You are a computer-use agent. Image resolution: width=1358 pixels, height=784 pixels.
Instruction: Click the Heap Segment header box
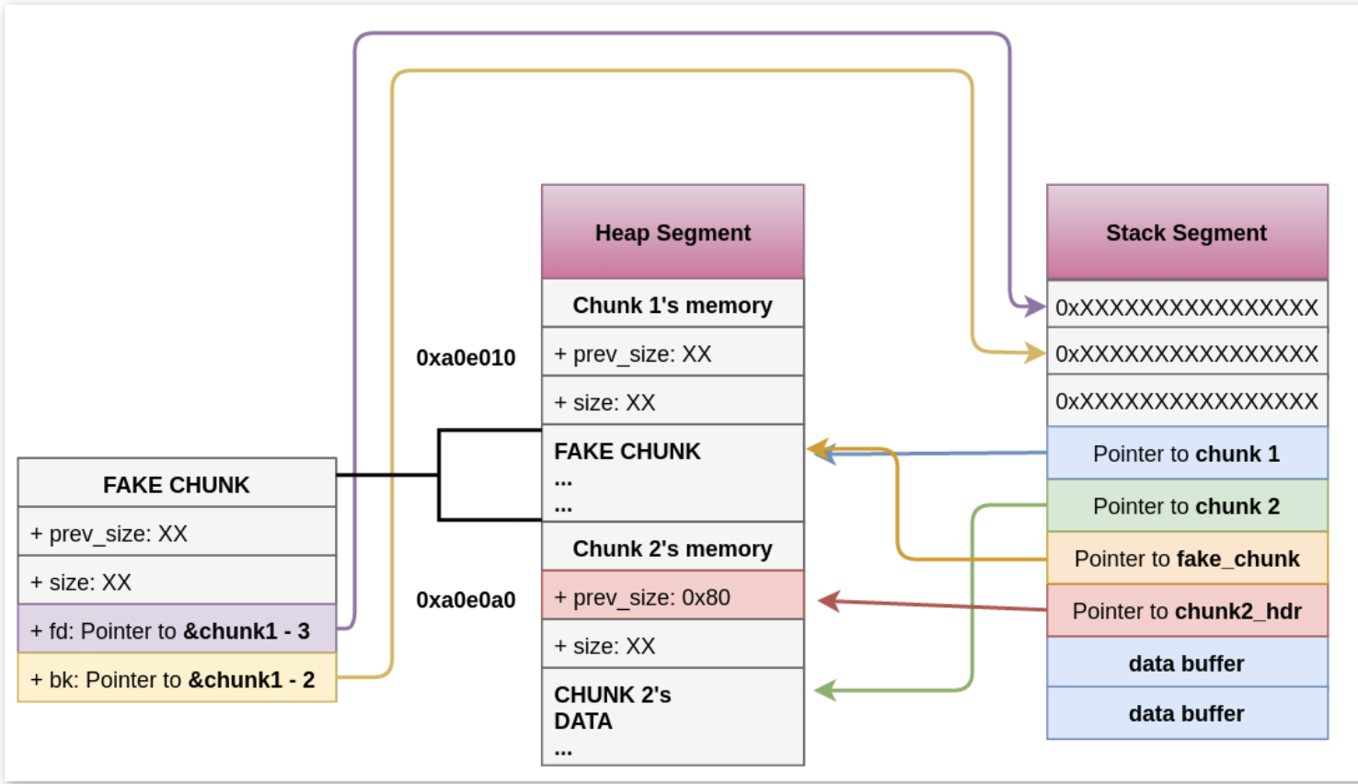click(673, 232)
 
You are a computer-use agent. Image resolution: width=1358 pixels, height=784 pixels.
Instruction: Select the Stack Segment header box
click(1187, 232)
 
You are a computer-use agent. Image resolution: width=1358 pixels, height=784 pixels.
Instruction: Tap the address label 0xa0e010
click(466, 358)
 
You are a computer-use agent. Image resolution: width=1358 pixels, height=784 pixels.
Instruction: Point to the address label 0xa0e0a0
click(466, 600)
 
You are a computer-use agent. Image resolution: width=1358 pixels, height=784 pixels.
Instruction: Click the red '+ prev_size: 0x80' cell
click(673, 596)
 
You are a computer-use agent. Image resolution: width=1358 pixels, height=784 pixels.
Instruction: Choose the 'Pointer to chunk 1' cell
click(1187, 454)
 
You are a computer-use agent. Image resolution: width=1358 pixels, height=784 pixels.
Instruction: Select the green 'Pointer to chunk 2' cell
click(1187, 506)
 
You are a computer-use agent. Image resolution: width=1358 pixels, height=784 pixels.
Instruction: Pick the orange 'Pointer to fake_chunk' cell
click(1187, 559)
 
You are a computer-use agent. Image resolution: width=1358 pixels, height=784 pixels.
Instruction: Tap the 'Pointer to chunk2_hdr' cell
click(1187, 611)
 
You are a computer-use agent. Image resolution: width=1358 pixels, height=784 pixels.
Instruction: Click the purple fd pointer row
click(177, 630)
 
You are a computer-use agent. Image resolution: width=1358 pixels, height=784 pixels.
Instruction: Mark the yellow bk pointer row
click(177, 679)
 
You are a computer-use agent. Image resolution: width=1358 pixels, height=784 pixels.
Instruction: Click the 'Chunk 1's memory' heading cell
click(673, 305)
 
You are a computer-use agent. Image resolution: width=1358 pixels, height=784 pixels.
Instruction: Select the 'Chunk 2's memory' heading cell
click(673, 548)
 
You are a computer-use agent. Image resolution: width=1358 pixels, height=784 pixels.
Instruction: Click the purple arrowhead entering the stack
click(1036, 306)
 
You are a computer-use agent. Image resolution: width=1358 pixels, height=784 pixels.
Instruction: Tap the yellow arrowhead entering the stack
click(1036, 352)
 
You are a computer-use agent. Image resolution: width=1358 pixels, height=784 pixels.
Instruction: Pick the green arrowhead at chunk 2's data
click(824, 690)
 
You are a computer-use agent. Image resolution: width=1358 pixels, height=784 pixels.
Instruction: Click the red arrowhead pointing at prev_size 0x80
click(828, 601)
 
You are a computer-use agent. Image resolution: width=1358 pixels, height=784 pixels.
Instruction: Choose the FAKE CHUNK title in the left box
click(177, 484)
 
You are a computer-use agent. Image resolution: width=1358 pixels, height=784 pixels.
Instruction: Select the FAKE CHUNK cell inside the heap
click(673, 473)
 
